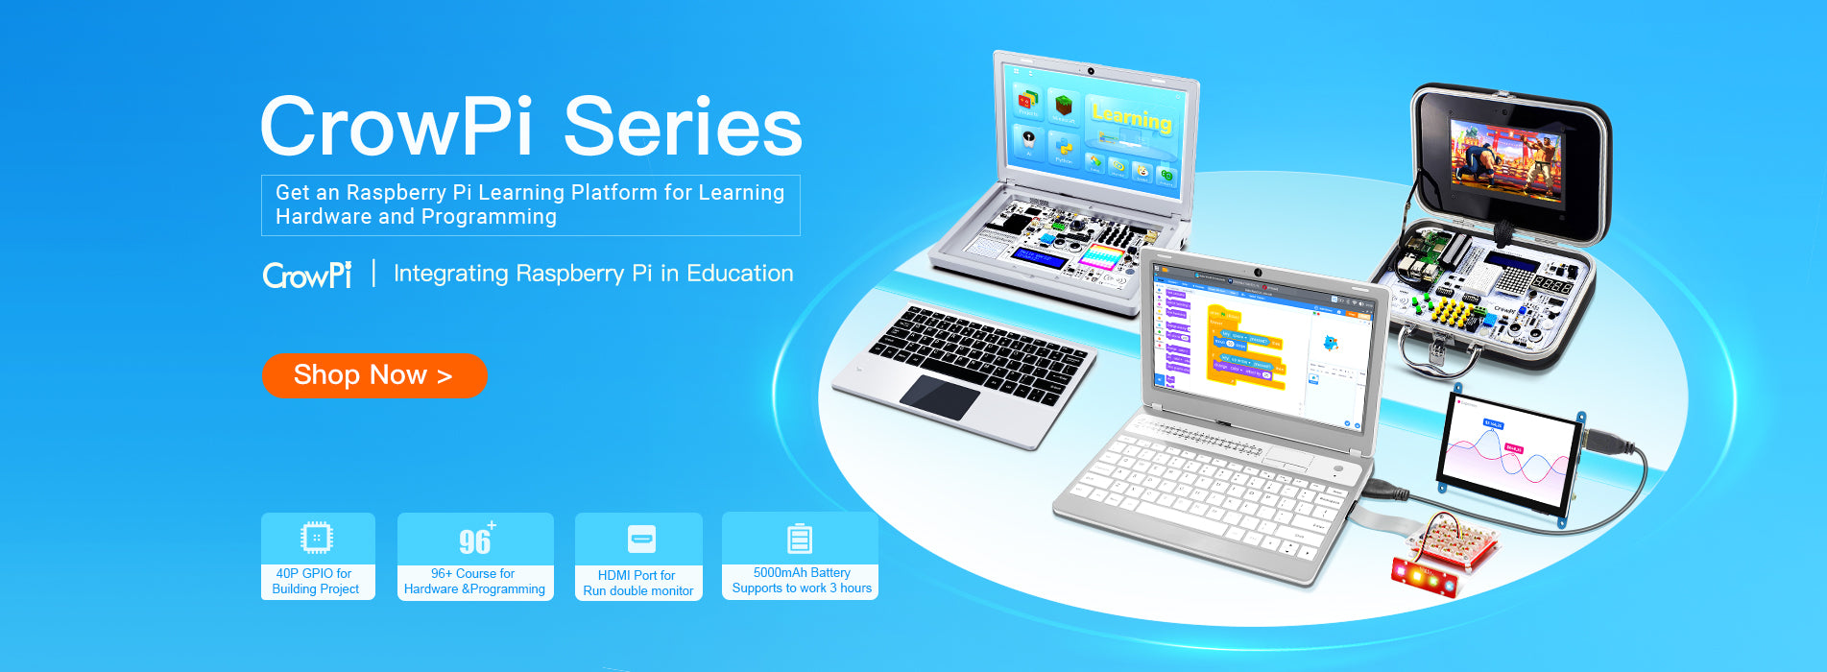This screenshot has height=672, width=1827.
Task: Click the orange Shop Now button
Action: coord(374,375)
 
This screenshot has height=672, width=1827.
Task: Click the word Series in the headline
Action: coord(683,127)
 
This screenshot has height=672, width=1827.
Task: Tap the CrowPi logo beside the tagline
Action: coord(307,276)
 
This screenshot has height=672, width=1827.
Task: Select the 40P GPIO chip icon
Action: coord(317,538)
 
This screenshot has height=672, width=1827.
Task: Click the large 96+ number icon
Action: coord(476,540)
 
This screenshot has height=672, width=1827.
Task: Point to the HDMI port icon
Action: coord(641,539)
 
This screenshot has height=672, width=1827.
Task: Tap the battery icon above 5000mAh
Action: coord(800,539)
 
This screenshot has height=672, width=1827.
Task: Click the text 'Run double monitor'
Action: coord(638,591)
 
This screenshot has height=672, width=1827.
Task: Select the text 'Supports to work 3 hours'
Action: coord(802,588)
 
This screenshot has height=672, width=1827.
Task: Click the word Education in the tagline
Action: coord(739,274)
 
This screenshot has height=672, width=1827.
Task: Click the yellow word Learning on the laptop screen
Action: coord(1132,117)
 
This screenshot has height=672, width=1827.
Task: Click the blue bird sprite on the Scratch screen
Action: coord(1330,343)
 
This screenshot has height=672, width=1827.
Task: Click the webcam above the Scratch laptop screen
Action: coord(1258,273)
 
